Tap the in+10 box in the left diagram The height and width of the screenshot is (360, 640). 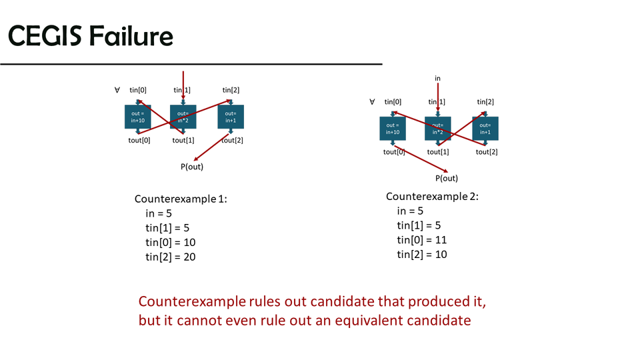point(138,117)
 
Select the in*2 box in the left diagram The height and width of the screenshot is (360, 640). point(183,117)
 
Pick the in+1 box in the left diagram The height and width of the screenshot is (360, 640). point(231,117)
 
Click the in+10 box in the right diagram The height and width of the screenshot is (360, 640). point(393,128)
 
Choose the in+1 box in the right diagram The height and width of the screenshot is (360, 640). point(485,128)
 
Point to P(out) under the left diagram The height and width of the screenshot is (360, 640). point(192,167)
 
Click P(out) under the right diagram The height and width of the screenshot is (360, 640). point(447,178)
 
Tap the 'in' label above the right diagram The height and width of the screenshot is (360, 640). point(438,79)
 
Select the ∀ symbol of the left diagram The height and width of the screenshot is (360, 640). point(117,90)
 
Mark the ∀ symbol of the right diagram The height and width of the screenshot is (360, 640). point(372,101)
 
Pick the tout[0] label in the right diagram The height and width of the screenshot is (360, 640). point(394,152)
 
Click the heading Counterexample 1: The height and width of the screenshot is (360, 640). point(181,199)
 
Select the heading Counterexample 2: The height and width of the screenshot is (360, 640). point(432,197)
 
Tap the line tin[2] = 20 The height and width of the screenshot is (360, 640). point(171,257)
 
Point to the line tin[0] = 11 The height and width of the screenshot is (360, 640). point(421,240)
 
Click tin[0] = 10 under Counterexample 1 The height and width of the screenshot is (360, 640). point(171,242)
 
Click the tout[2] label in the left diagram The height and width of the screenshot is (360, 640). point(231,140)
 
